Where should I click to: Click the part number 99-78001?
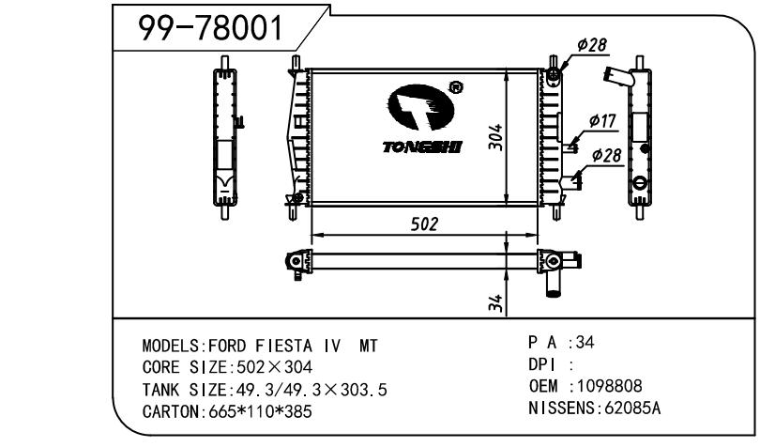(x=210, y=27)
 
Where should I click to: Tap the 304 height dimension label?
(x=495, y=137)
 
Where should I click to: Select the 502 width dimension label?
(x=424, y=224)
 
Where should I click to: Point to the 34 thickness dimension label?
(x=495, y=303)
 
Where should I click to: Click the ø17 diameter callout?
(x=603, y=120)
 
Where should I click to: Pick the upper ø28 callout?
(x=592, y=45)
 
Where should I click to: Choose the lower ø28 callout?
(x=606, y=155)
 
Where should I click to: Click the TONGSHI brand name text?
(x=422, y=146)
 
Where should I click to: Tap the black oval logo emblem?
(x=420, y=107)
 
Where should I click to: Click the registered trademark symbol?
(x=455, y=87)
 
